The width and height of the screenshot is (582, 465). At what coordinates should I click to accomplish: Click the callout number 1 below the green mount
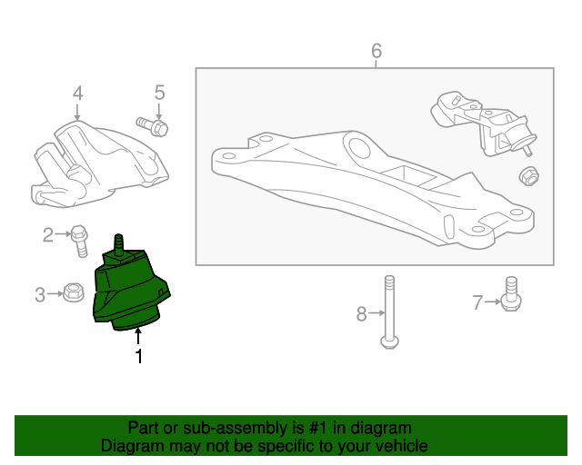coord(139,356)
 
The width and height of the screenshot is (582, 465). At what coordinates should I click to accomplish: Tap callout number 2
coord(48,234)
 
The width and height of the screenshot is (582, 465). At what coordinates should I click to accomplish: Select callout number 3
coord(40,295)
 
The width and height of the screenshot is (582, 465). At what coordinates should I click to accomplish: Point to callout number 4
coord(77,93)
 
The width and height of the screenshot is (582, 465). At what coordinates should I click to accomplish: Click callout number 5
coord(159,93)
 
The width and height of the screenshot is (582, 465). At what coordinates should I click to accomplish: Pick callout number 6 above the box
coord(376,51)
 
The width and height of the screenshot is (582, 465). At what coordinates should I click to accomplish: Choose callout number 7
coord(477,302)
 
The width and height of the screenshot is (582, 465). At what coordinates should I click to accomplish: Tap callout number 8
coord(362,313)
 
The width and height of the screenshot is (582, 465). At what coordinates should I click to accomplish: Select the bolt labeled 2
coord(80,241)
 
